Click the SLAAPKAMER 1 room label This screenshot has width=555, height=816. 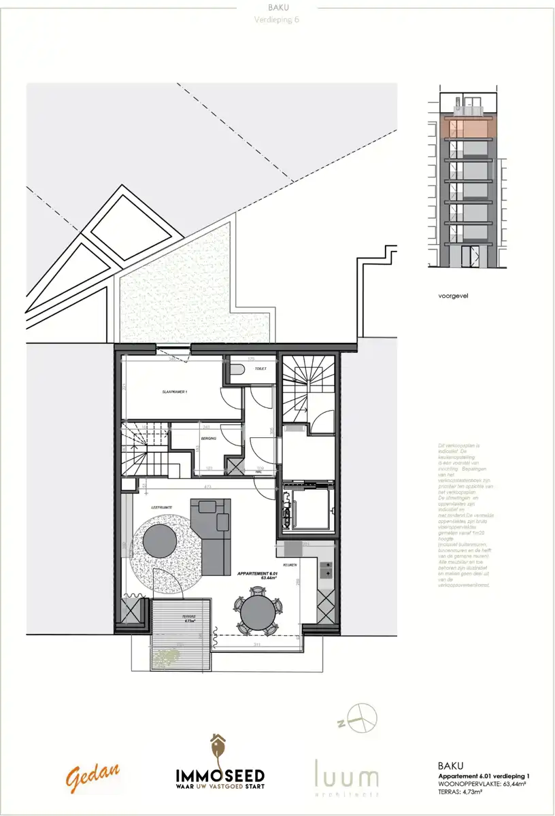175,392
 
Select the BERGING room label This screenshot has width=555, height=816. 208,439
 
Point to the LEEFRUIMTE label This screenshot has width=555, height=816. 161,508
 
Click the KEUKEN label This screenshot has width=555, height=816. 290,565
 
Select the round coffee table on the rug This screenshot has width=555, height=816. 160,540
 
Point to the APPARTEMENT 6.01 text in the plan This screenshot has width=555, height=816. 258,575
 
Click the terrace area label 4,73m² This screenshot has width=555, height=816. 188,621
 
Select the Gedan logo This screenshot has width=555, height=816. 93,776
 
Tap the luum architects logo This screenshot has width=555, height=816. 346,776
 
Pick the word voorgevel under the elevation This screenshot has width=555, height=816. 454,296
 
